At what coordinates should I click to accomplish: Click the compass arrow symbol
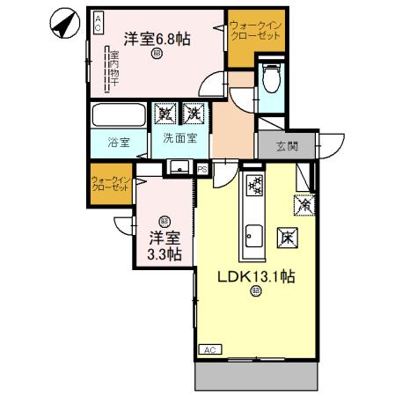pos(63,25)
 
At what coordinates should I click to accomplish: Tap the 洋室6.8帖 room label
pos(157,38)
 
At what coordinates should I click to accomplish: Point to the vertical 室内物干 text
pos(113,68)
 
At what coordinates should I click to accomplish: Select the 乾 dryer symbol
pos(164,114)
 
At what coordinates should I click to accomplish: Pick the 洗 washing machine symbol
pos(193,114)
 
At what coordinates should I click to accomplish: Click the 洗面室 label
pos(179,139)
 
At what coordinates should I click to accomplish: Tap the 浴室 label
pos(118,143)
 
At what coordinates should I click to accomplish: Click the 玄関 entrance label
pos(287,146)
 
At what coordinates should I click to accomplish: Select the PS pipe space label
pos(201,168)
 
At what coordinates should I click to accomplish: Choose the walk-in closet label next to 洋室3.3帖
pos(110,185)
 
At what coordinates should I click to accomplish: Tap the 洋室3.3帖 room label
pos(164,246)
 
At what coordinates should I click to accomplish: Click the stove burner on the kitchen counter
pos(254,186)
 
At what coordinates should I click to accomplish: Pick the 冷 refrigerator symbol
pos(303,202)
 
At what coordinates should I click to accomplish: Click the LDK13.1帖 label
pos(256,275)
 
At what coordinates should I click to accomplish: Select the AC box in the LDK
pos(209,350)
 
